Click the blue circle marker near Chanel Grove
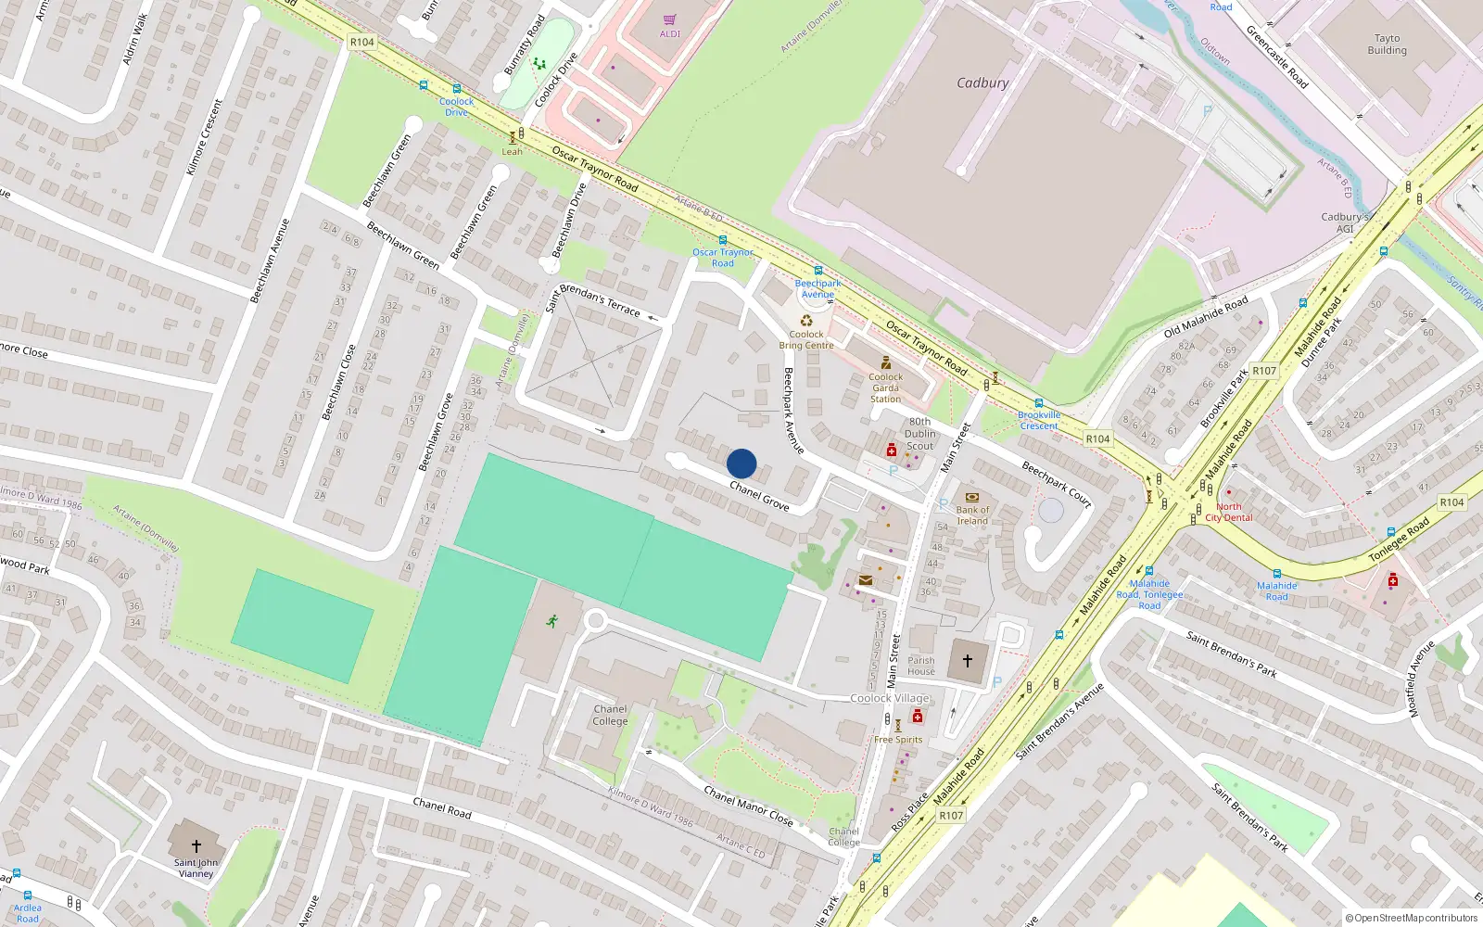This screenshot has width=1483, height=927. tap(741, 463)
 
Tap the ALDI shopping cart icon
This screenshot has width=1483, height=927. tap(669, 19)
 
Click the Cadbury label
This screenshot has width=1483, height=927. tap(982, 83)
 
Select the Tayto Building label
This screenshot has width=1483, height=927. tap(1387, 44)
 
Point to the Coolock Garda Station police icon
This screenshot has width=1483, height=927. tap(886, 362)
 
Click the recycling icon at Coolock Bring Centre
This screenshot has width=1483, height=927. tap(806, 321)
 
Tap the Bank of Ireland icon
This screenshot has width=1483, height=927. tap(972, 497)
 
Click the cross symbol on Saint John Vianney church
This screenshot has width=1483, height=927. tap(196, 846)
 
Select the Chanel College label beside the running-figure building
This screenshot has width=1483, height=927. tap(610, 715)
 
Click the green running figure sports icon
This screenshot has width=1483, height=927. tap(552, 620)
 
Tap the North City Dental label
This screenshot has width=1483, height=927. tap(1229, 512)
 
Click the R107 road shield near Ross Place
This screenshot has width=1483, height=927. tap(951, 816)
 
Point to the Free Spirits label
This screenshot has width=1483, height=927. tap(898, 740)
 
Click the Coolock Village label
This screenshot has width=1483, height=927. tap(890, 698)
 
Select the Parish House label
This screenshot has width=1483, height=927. tap(921, 666)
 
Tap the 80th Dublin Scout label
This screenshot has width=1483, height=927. tap(919, 434)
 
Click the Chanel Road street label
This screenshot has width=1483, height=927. tap(442, 807)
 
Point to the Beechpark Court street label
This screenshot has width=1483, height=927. tap(1057, 483)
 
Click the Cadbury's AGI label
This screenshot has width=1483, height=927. tap(1345, 222)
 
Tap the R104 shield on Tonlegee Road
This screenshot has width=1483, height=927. tap(1451, 502)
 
